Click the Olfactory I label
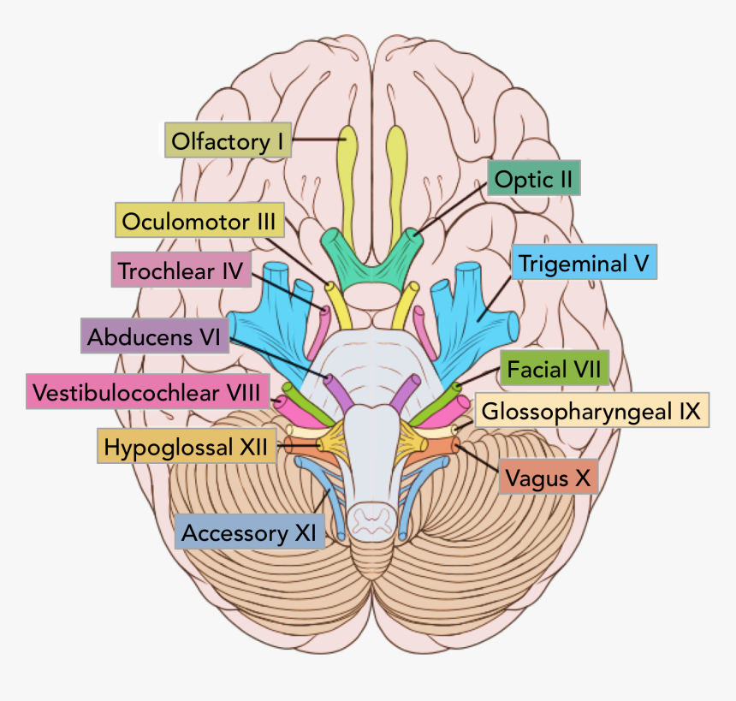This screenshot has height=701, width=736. [x=228, y=140]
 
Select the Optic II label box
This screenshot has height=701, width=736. [x=534, y=180]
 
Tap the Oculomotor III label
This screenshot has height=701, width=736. [x=198, y=222]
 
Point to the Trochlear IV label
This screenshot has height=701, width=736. [x=181, y=271]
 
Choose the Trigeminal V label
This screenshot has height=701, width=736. [x=585, y=263]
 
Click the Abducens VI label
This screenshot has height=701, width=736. [x=153, y=336]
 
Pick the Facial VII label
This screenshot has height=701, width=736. [x=554, y=370]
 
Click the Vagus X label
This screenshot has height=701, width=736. [x=548, y=478]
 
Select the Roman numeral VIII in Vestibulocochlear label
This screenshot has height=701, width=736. [x=247, y=393]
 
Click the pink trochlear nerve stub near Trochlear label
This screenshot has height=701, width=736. [x=324, y=318]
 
